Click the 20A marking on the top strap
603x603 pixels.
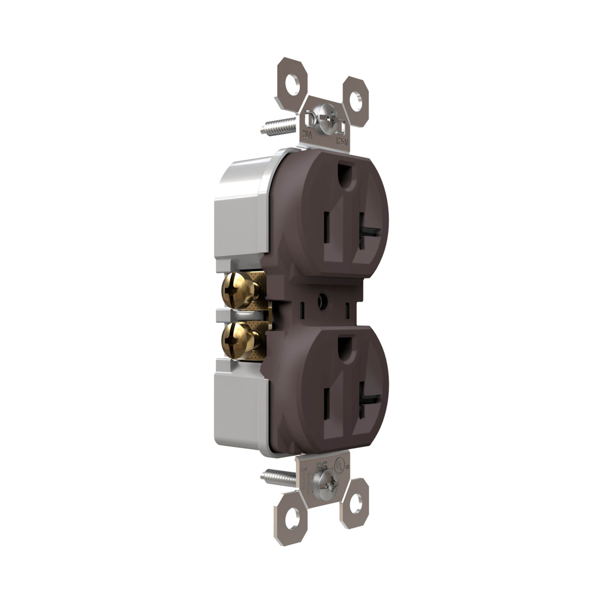[x=307, y=133]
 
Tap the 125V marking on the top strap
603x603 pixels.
[x=342, y=140]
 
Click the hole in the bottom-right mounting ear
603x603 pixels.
[x=356, y=502]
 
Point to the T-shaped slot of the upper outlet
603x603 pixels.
[x=367, y=231]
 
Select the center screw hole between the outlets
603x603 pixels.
[x=322, y=300]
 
